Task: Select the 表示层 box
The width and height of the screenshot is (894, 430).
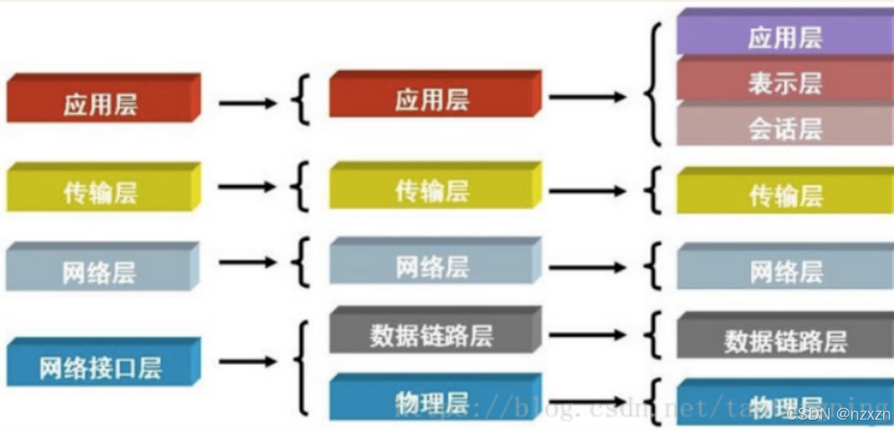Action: pyautogui.click(x=784, y=82)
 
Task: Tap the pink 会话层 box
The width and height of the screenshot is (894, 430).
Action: pyautogui.click(x=784, y=127)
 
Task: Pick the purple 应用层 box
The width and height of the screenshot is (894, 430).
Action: pyautogui.click(x=784, y=37)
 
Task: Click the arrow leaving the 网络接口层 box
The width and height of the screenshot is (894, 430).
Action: pyautogui.click(x=247, y=361)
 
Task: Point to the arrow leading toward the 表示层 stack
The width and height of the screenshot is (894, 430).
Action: pyautogui.click(x=587, y=97)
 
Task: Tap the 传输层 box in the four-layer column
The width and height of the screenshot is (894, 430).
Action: pyautogui.click(x=101, y=191)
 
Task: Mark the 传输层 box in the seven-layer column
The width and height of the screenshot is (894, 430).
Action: pyautogui.click(x=784, y=195)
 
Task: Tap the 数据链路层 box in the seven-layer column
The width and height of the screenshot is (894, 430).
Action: pyautogui.click(x=784, y=340)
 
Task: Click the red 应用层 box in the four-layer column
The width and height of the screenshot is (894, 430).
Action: pyautogui.click(x=101, y=103)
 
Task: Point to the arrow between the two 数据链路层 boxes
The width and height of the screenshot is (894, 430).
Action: pyautogui.click(x=587, y=335)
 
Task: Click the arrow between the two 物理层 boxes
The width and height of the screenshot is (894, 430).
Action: pyautogui.click(x=587, y=401)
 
